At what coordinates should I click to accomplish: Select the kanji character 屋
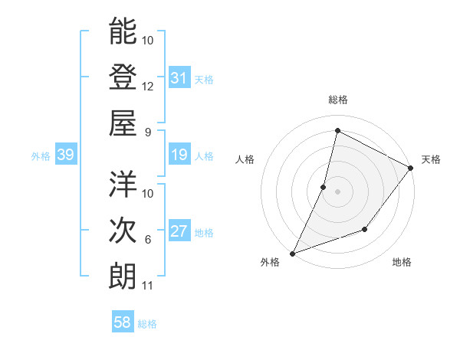[x=123, y=122]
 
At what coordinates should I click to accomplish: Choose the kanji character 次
[x=123, y=229]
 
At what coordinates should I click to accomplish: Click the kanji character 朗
[x=123, y=275]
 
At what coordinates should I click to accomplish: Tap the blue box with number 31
[x=179, y=78]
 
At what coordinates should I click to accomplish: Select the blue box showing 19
[x=179, y=155]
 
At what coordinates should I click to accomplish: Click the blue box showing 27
[x=179, y=231]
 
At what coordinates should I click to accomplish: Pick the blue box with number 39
[x=66, y=155]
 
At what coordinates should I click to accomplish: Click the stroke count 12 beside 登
[x=148, y=86]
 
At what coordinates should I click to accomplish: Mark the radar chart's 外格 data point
[x=292, y=253]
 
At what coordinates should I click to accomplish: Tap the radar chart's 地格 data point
[x=366, y=229]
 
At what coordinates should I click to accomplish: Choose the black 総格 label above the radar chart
[x=338, y=100]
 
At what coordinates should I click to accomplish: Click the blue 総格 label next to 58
[x=147, y=324]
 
